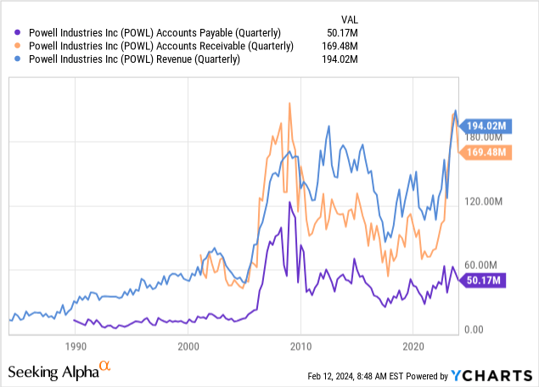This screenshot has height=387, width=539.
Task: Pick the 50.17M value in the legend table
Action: [321, 32]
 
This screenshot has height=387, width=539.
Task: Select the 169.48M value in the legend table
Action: [318, 46]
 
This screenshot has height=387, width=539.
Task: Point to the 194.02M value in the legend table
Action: [318, 59]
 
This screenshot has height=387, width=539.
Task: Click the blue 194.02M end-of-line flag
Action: [487, 126]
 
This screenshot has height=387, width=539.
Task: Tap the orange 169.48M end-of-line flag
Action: [487, 153]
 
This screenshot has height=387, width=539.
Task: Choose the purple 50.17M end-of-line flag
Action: [485, 281]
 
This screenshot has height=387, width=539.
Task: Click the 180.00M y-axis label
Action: [484, 137]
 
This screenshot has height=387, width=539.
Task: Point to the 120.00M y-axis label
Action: [484, 201]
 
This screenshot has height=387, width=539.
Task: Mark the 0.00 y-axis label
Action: [474, 328]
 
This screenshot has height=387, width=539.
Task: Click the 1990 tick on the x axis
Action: [76, 346]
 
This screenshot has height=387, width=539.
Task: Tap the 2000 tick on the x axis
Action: [188, 346]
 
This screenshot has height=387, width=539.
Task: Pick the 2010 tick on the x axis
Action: [300, 346]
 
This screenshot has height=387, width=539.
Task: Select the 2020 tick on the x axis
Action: [413, 346]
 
